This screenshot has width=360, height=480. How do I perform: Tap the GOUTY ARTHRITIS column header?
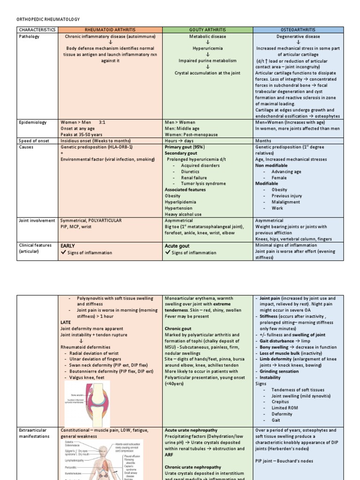208,30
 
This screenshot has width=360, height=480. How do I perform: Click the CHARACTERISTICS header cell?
37,30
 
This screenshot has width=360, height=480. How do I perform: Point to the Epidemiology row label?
33,122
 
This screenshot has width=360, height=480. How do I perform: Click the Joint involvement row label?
37,220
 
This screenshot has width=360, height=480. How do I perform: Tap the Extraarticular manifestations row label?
34,433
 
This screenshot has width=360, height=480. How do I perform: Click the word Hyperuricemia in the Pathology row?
208,48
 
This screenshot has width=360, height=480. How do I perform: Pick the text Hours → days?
178,141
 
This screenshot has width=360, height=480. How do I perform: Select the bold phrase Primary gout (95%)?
184,147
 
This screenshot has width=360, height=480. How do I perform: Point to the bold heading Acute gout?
177,246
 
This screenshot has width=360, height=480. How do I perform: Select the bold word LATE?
66,322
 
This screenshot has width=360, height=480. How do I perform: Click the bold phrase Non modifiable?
271,165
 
